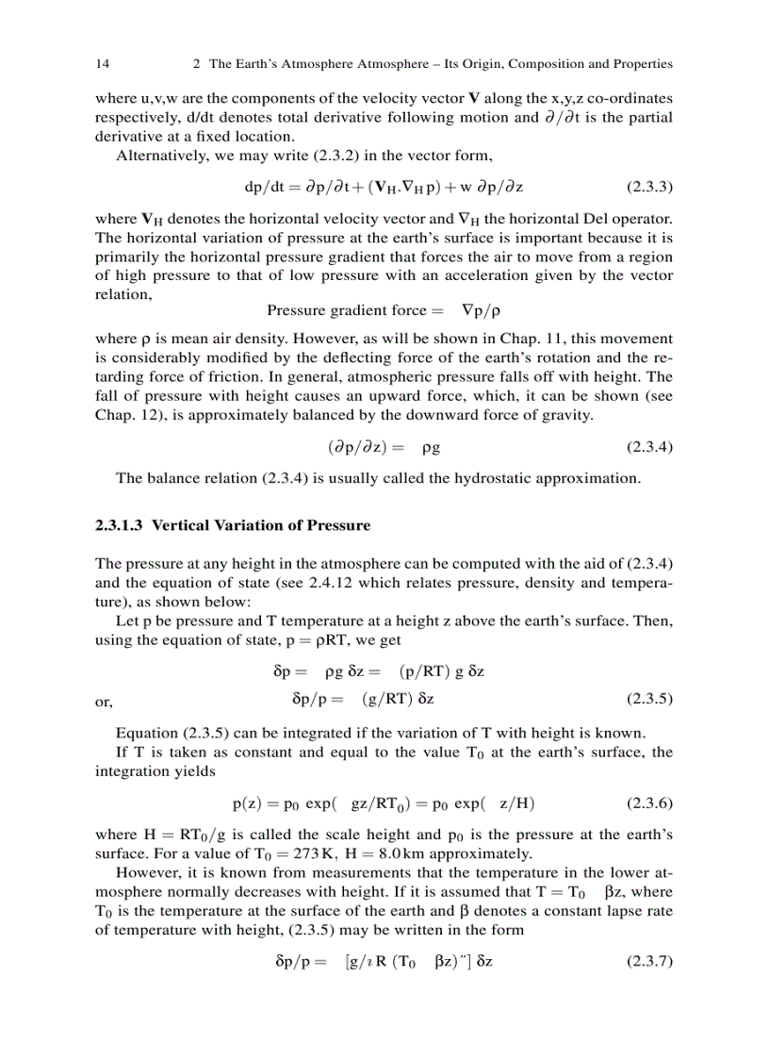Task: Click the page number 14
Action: click(102, 64)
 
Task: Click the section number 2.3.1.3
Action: click(120, 525)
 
